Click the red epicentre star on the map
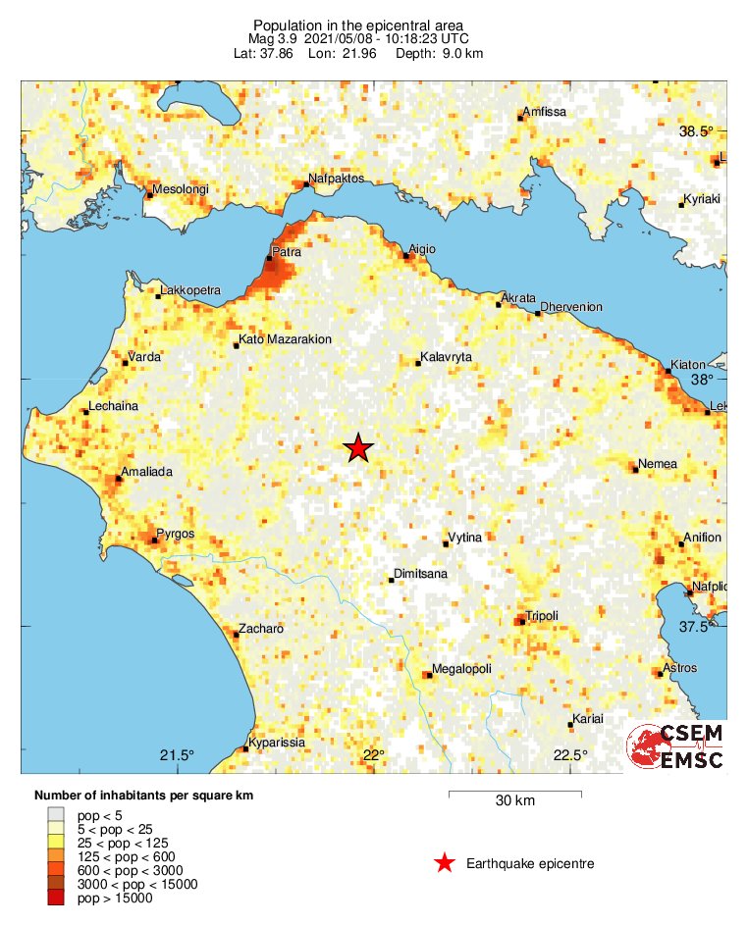pos(359,448)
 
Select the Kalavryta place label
pos(447,357)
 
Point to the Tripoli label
pos(542,615)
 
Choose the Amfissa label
pos(545,112)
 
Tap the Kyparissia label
pos(277,743)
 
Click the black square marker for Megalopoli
pos(426,675)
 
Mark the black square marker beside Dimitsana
pos(391,580)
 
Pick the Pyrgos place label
pos(176,534)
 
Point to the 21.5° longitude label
pos(178,754)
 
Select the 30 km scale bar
pos(514,793)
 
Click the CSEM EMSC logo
pos(677,747)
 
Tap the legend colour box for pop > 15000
pos(56,898)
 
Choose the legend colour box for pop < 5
pos(56,815)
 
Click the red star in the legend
pos(445,863)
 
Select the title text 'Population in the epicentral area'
pos(357,26)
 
